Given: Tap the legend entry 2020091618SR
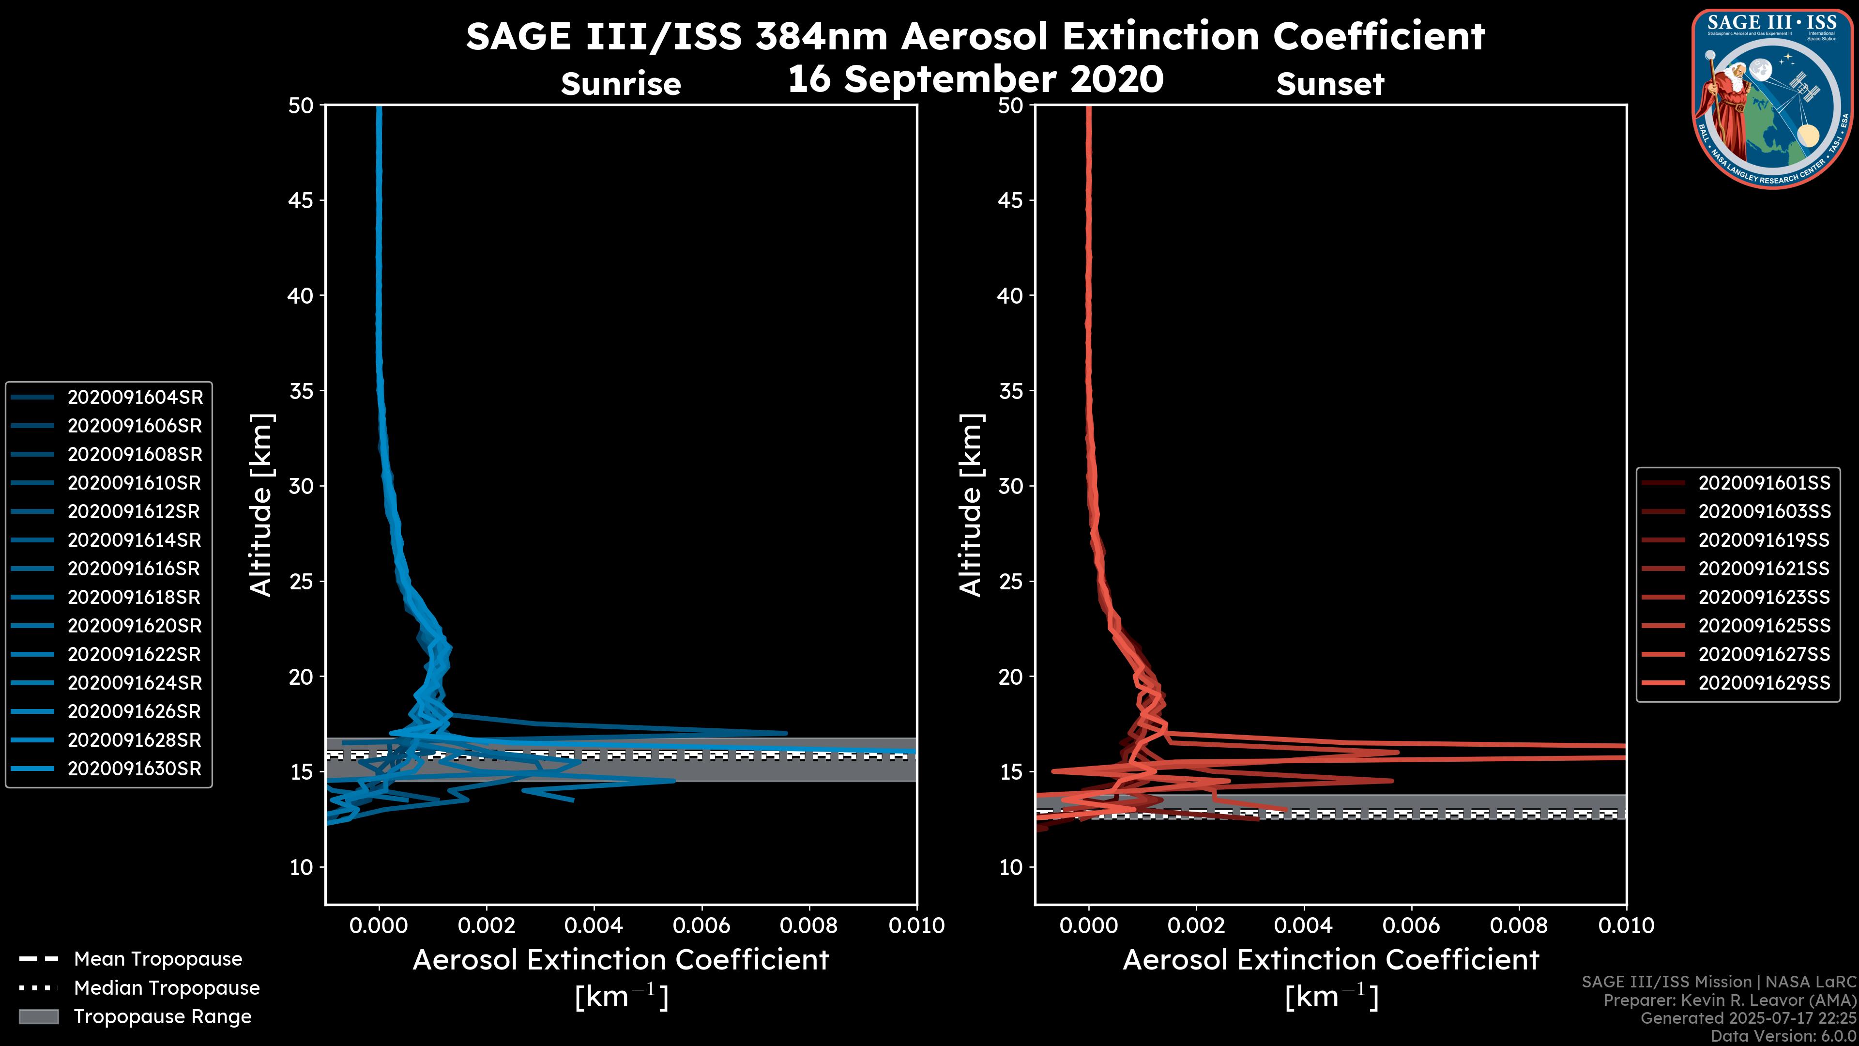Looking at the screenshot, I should (x=134, y=597).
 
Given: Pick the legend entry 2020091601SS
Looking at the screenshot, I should (x=1764, y=483).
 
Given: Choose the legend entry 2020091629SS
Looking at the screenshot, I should (x=1764, y=683).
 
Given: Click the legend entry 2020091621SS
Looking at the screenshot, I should (x=1763, y=569).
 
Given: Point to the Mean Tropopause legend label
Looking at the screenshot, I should (x=158, y=959).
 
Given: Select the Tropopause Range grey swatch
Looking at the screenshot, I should (x=38, y=1016).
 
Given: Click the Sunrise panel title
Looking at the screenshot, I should (x=621, y=84).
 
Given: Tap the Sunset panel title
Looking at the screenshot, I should (x=1330, y=84).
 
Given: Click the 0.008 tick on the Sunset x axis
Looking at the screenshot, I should (x=1519, y=925).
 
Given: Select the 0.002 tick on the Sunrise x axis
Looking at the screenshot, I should (x=487, y=925).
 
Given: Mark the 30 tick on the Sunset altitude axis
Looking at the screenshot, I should (x=1010, y=486).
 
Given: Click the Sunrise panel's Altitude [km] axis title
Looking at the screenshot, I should (x=260, y=505).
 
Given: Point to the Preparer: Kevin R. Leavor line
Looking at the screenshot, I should (x=1729, y=1000).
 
